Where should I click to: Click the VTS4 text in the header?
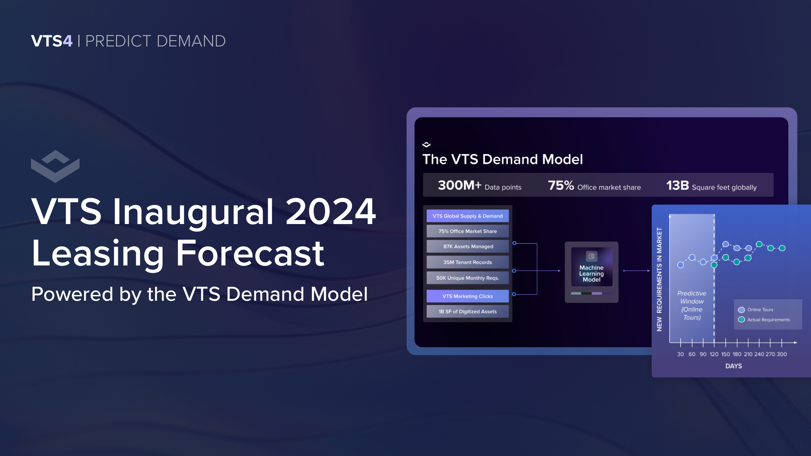52,41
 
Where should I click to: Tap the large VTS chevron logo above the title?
55,166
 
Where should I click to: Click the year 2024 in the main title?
331,211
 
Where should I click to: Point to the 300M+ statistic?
460,185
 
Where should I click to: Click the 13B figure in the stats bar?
678,185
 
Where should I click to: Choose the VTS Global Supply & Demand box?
467,216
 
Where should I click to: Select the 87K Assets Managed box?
467,246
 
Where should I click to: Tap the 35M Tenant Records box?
467,262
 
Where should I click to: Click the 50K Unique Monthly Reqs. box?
467,278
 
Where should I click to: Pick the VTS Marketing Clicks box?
467,296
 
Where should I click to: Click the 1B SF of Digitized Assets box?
467,312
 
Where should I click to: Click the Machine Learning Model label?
591,274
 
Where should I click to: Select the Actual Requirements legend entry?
764,320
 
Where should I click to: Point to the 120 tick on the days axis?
714,354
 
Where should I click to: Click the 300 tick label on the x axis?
782,354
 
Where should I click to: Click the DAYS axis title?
734,366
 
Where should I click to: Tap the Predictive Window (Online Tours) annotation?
692,305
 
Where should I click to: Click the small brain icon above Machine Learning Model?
591,256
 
